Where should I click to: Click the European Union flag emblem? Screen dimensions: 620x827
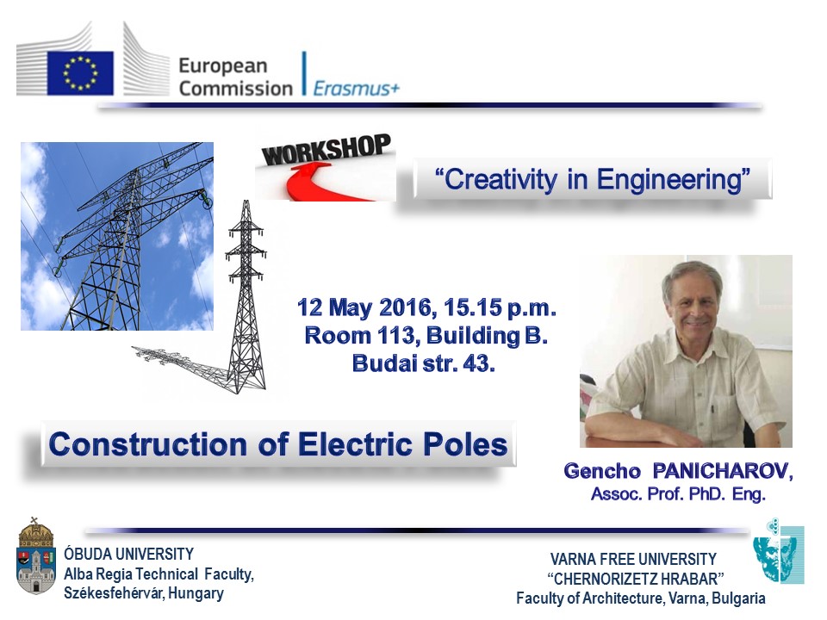(81, 72)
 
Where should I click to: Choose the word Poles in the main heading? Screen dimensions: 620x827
(469, 445)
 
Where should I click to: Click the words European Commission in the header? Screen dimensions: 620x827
(235, 77)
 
